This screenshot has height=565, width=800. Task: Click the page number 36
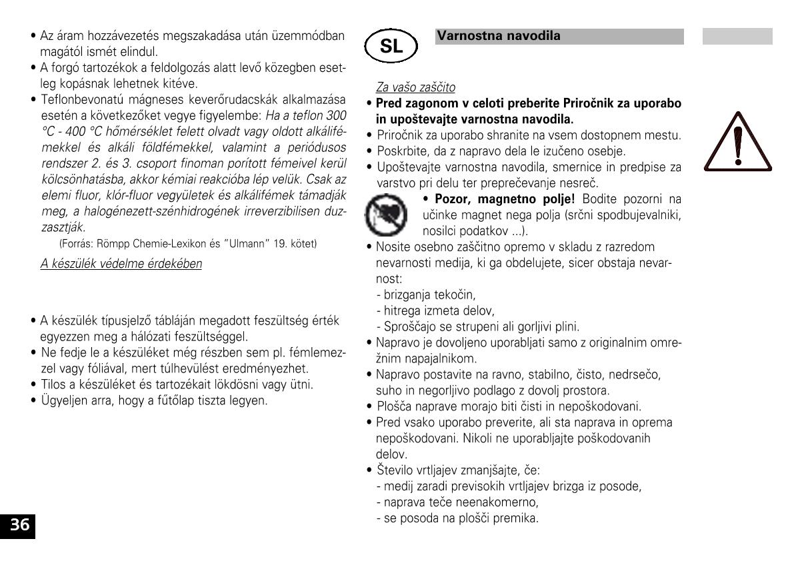[19, 525]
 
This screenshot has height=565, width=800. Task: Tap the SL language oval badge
[391, 46]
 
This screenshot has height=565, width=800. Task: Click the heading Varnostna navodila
[499, 36]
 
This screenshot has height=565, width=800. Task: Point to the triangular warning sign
[737, 141]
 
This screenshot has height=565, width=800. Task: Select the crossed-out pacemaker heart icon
[385, 213]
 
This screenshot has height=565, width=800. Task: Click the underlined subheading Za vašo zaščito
[416, 87]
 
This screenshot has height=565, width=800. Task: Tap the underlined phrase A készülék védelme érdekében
[121, 263]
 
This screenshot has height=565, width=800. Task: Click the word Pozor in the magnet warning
[454, 199]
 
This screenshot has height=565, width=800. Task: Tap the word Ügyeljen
[62, 400]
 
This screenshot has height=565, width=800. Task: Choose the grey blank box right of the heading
[737, 37]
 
